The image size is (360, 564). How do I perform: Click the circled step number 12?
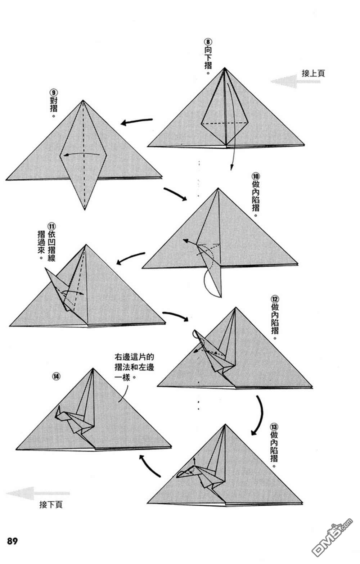coord(275,299)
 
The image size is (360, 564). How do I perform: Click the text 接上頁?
coord(313,73)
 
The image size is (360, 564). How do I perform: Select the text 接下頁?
coord(51,504)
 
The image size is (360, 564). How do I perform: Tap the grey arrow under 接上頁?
coord(295,81)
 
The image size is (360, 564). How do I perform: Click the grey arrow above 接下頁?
coord(38,493)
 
